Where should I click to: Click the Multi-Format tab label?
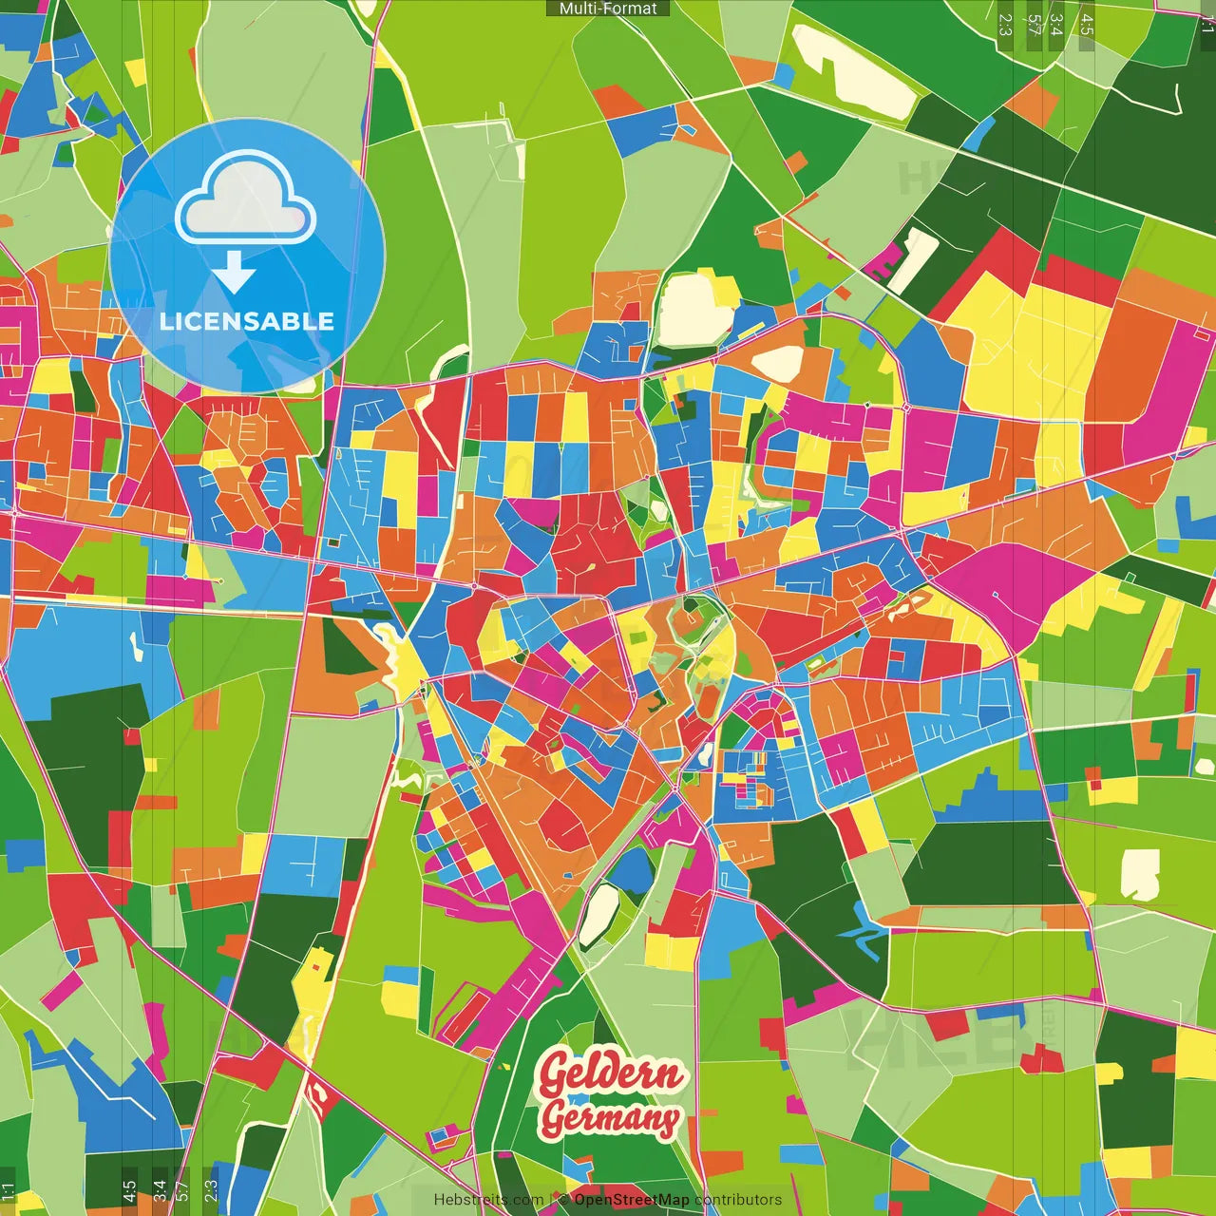click(x=608, y=9)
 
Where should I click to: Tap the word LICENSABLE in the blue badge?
click(x=247, y=321)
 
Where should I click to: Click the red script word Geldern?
click(x=610, y=1073)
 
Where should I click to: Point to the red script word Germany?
click(x=610, y=1118)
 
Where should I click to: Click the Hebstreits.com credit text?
click(x=488, y=1200)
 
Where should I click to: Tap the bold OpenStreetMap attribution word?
click(x=632, y=1200)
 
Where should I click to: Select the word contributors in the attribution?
click(x=738, y=1200)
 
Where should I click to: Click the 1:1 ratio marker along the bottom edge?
click(x=8, y=1191)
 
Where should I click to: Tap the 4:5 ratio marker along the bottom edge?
click(x=129, y=1191)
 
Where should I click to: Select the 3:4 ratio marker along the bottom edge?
click(x=160, y=1191)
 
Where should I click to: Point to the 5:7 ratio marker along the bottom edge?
click(x=181, y=1191)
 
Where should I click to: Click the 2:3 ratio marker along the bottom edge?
click(x=211, y=1191)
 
